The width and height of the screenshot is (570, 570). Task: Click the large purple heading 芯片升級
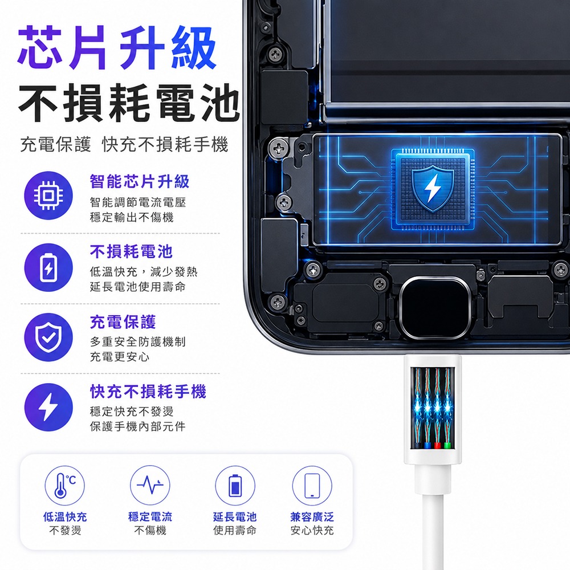coord(117,48)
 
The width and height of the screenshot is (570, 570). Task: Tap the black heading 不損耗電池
coord(129,103)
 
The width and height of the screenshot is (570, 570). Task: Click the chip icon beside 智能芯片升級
coord(48,196)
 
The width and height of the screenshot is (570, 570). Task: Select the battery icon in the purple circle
coord(48,267)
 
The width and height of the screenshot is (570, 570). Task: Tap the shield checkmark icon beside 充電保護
coord(48,337)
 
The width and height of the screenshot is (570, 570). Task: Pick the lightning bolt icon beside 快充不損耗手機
coord(48,407)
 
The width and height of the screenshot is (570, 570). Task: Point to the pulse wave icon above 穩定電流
coord(150,485)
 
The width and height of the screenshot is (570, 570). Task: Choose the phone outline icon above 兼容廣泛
coord(312,485)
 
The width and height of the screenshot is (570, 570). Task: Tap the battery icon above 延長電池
coord(235,485)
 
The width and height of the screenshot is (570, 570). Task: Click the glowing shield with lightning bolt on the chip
coord(433,189)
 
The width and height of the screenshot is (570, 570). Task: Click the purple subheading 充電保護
coord(123,321)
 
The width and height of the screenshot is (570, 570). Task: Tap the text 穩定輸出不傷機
coord(132,217)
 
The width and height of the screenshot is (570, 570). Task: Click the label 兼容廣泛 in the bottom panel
coord(312,516)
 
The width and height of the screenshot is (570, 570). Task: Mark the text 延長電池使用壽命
coord(138,287)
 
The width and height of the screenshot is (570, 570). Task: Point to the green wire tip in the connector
coord(447,446)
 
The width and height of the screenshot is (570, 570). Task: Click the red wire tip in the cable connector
coord(438,446)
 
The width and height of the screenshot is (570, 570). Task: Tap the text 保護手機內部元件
coord(138,426)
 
